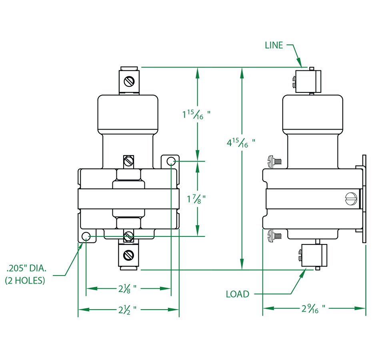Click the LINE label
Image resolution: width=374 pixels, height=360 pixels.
coord(274,45)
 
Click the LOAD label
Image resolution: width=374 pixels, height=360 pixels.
coord(238,294)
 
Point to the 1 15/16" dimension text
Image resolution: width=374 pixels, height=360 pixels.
coord(196,115)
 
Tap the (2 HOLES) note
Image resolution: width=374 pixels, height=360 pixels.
coord(25,280)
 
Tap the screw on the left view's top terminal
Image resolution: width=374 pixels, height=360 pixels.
coord(129,82)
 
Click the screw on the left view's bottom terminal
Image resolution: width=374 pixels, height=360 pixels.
coord(129,254)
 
